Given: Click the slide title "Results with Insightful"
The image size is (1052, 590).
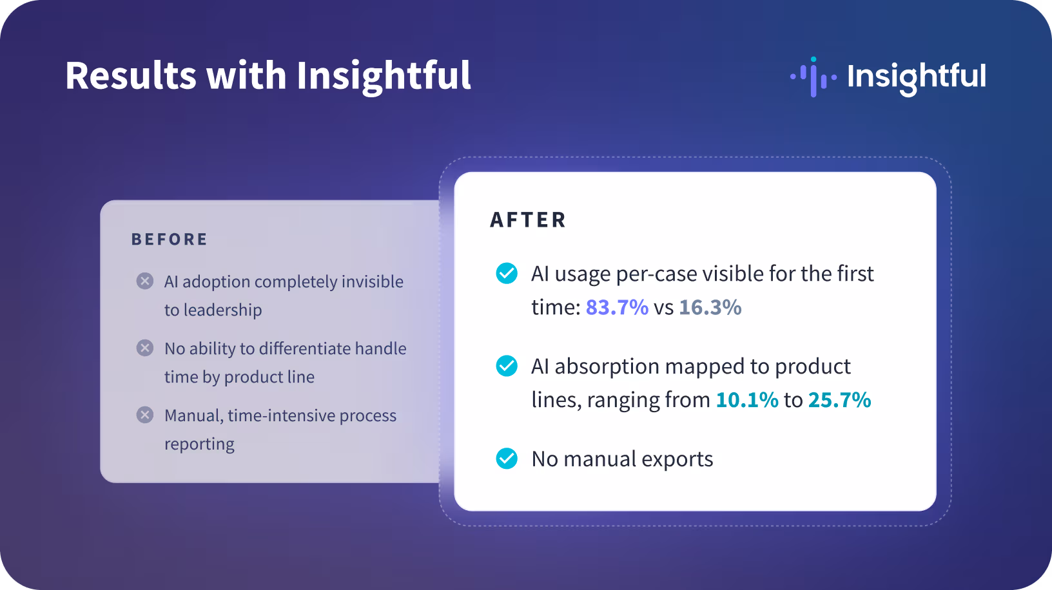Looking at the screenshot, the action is point(268,76).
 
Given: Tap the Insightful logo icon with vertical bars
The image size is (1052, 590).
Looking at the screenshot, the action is point(813,77).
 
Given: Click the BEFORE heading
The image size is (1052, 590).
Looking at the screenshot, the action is point(169,240).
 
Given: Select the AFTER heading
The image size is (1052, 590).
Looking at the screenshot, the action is point(528,220).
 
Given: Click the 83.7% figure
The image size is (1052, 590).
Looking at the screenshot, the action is point(617,307).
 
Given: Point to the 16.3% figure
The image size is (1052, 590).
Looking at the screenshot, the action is point(710,307).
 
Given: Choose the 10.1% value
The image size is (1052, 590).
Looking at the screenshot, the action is point(747,400).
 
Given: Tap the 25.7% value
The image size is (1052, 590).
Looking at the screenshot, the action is point(840,400).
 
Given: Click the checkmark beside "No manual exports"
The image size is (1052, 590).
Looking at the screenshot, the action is point(507,459).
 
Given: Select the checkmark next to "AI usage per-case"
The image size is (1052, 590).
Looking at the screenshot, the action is point(507,273).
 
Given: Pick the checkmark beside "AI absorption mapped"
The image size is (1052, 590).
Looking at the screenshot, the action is point(507,366).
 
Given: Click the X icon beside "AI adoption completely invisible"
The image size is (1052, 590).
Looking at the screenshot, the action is point(144,281).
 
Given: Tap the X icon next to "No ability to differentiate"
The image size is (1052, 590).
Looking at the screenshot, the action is point(144,348).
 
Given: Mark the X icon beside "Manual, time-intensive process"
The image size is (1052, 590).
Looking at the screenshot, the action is point(144,415).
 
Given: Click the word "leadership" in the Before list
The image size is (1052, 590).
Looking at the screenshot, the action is point(222,310).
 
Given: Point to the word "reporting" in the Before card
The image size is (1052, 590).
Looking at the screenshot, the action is point(199,444).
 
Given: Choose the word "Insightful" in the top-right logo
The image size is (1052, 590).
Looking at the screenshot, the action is point(917,77).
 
